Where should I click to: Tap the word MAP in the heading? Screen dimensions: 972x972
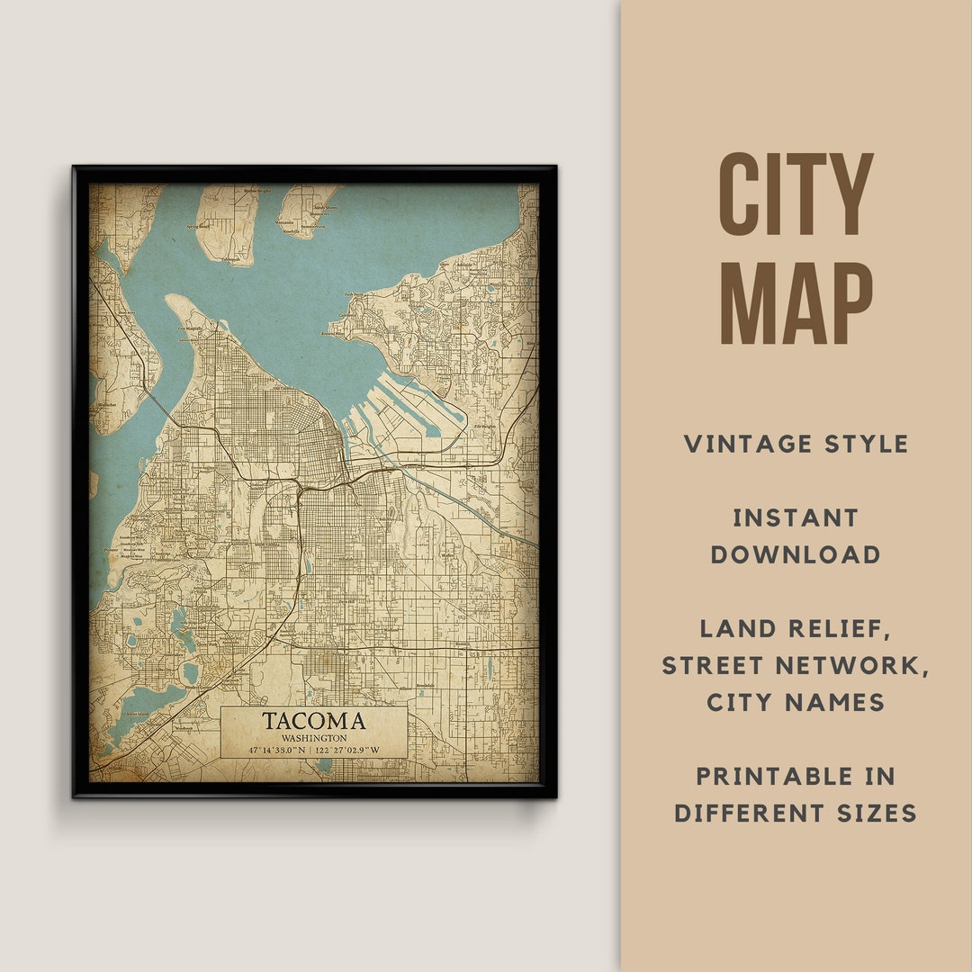point(796,303)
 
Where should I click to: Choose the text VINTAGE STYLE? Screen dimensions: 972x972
point(796,444)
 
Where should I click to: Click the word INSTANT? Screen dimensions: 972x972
point(796,517)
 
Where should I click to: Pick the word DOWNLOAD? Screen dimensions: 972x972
point(796,554)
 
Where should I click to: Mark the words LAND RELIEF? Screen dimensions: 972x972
point(796,628)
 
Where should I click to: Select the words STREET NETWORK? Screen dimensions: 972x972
point(796,665)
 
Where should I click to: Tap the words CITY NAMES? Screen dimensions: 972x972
point(796,702)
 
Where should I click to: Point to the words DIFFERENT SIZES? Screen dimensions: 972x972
point(796,814)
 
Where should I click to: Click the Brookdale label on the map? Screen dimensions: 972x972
point(426,686)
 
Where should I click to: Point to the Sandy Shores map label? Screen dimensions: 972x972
point(320,206)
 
